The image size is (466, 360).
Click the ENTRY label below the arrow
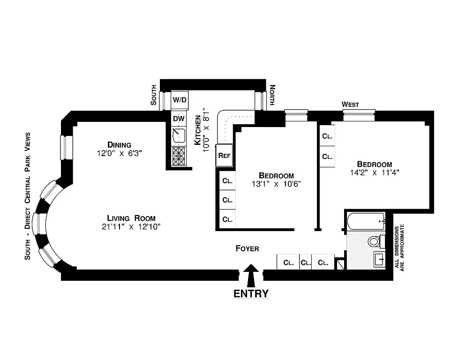coord(251,294)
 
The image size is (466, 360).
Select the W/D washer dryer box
coord(180,99)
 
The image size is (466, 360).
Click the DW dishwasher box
coord(179,119)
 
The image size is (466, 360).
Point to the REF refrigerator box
coord(224,156)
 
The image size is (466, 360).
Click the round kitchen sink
coord(178,136)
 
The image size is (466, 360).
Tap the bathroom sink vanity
coord(379,259)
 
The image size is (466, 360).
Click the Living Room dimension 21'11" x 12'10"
coord(131,227)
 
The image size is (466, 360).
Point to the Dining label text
coord(119,144)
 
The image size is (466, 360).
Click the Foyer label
coord(247,248)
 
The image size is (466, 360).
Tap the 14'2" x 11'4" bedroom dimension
coord(374,172)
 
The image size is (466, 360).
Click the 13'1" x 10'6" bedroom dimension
coord(275,184)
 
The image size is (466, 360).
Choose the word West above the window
coord(350,105)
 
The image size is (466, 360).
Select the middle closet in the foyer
coord(306,262)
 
